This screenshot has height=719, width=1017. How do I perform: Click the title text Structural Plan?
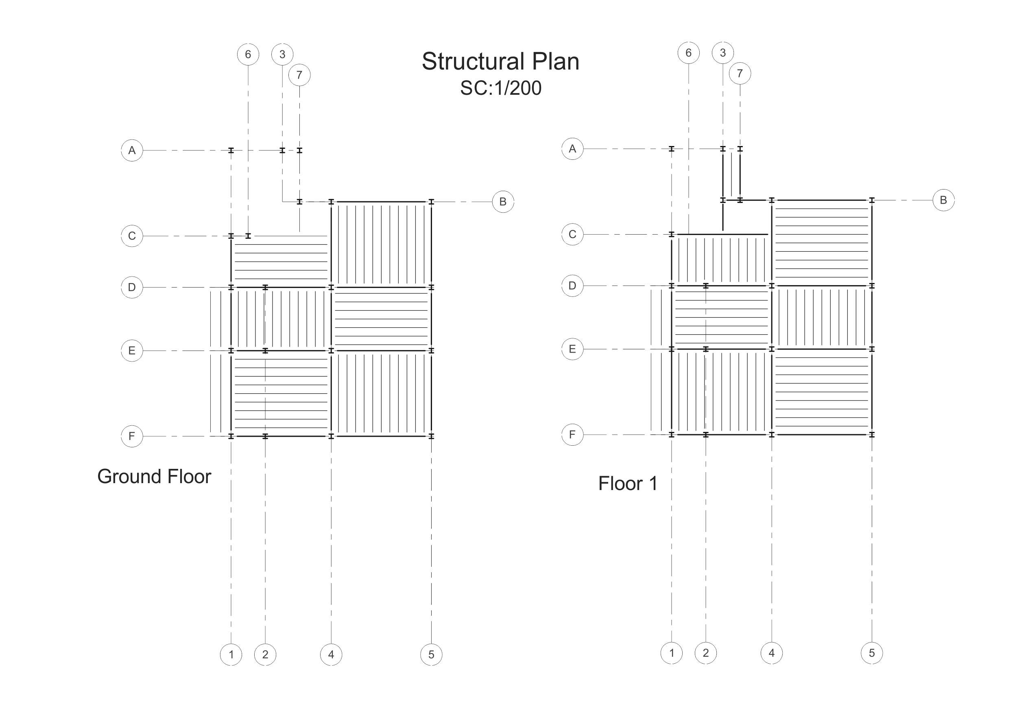coord(500,61)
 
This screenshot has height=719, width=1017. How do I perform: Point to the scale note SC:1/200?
coord(500,88)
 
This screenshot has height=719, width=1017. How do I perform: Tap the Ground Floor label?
coord(154,477)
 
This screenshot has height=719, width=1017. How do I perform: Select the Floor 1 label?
coord(628,484)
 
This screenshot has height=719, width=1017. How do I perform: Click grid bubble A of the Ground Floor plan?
coord(132,150)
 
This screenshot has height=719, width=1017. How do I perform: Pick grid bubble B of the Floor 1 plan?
coord(943,200)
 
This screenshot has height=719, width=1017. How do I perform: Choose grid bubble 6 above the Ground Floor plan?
coord(248,54)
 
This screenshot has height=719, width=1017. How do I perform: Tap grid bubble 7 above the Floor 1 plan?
coord(740,74)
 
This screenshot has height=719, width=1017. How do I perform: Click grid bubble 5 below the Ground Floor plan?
coord(431,655)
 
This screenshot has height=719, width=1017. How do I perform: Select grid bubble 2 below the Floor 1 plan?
coord(706,653)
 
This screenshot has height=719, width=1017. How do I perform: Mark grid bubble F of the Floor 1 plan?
coord(572,435)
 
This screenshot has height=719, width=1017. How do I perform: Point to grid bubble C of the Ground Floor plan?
coord(132,236)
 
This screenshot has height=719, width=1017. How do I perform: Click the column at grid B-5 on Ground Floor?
coord(431,202)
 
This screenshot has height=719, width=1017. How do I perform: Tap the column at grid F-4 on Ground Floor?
coord(331,436)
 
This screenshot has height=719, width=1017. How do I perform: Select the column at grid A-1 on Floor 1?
coord(672,149)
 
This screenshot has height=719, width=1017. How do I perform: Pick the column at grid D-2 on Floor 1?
coord(706,286)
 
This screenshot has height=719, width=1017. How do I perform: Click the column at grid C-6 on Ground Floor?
coord(248,236)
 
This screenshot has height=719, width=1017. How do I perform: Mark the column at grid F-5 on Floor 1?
coord(872,435)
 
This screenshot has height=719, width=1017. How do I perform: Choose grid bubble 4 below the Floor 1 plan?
coord(772,653)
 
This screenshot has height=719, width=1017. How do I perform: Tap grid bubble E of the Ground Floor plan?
coord(132,351)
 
